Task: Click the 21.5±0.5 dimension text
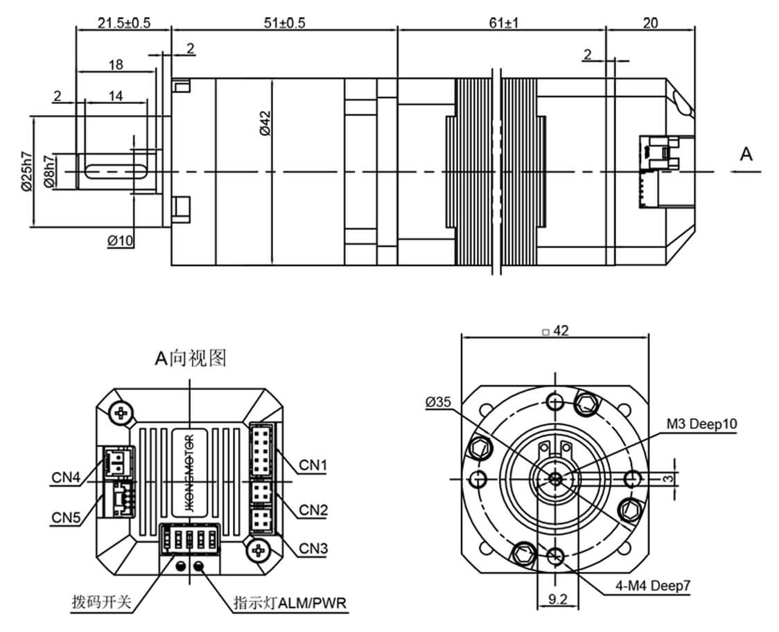tap(123, 23)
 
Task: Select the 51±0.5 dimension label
tap(284, 23)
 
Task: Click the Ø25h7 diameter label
tap(26, 171)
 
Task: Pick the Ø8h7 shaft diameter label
tap(49, 171)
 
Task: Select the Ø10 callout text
tap(121, 240)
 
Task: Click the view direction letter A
tap(746, 155)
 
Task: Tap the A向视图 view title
tap(191, 358)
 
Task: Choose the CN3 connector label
tap(313, 549)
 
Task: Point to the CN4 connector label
tap(66, 477)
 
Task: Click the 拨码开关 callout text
tap(101, 602)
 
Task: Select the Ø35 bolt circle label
tap(439, 402)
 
